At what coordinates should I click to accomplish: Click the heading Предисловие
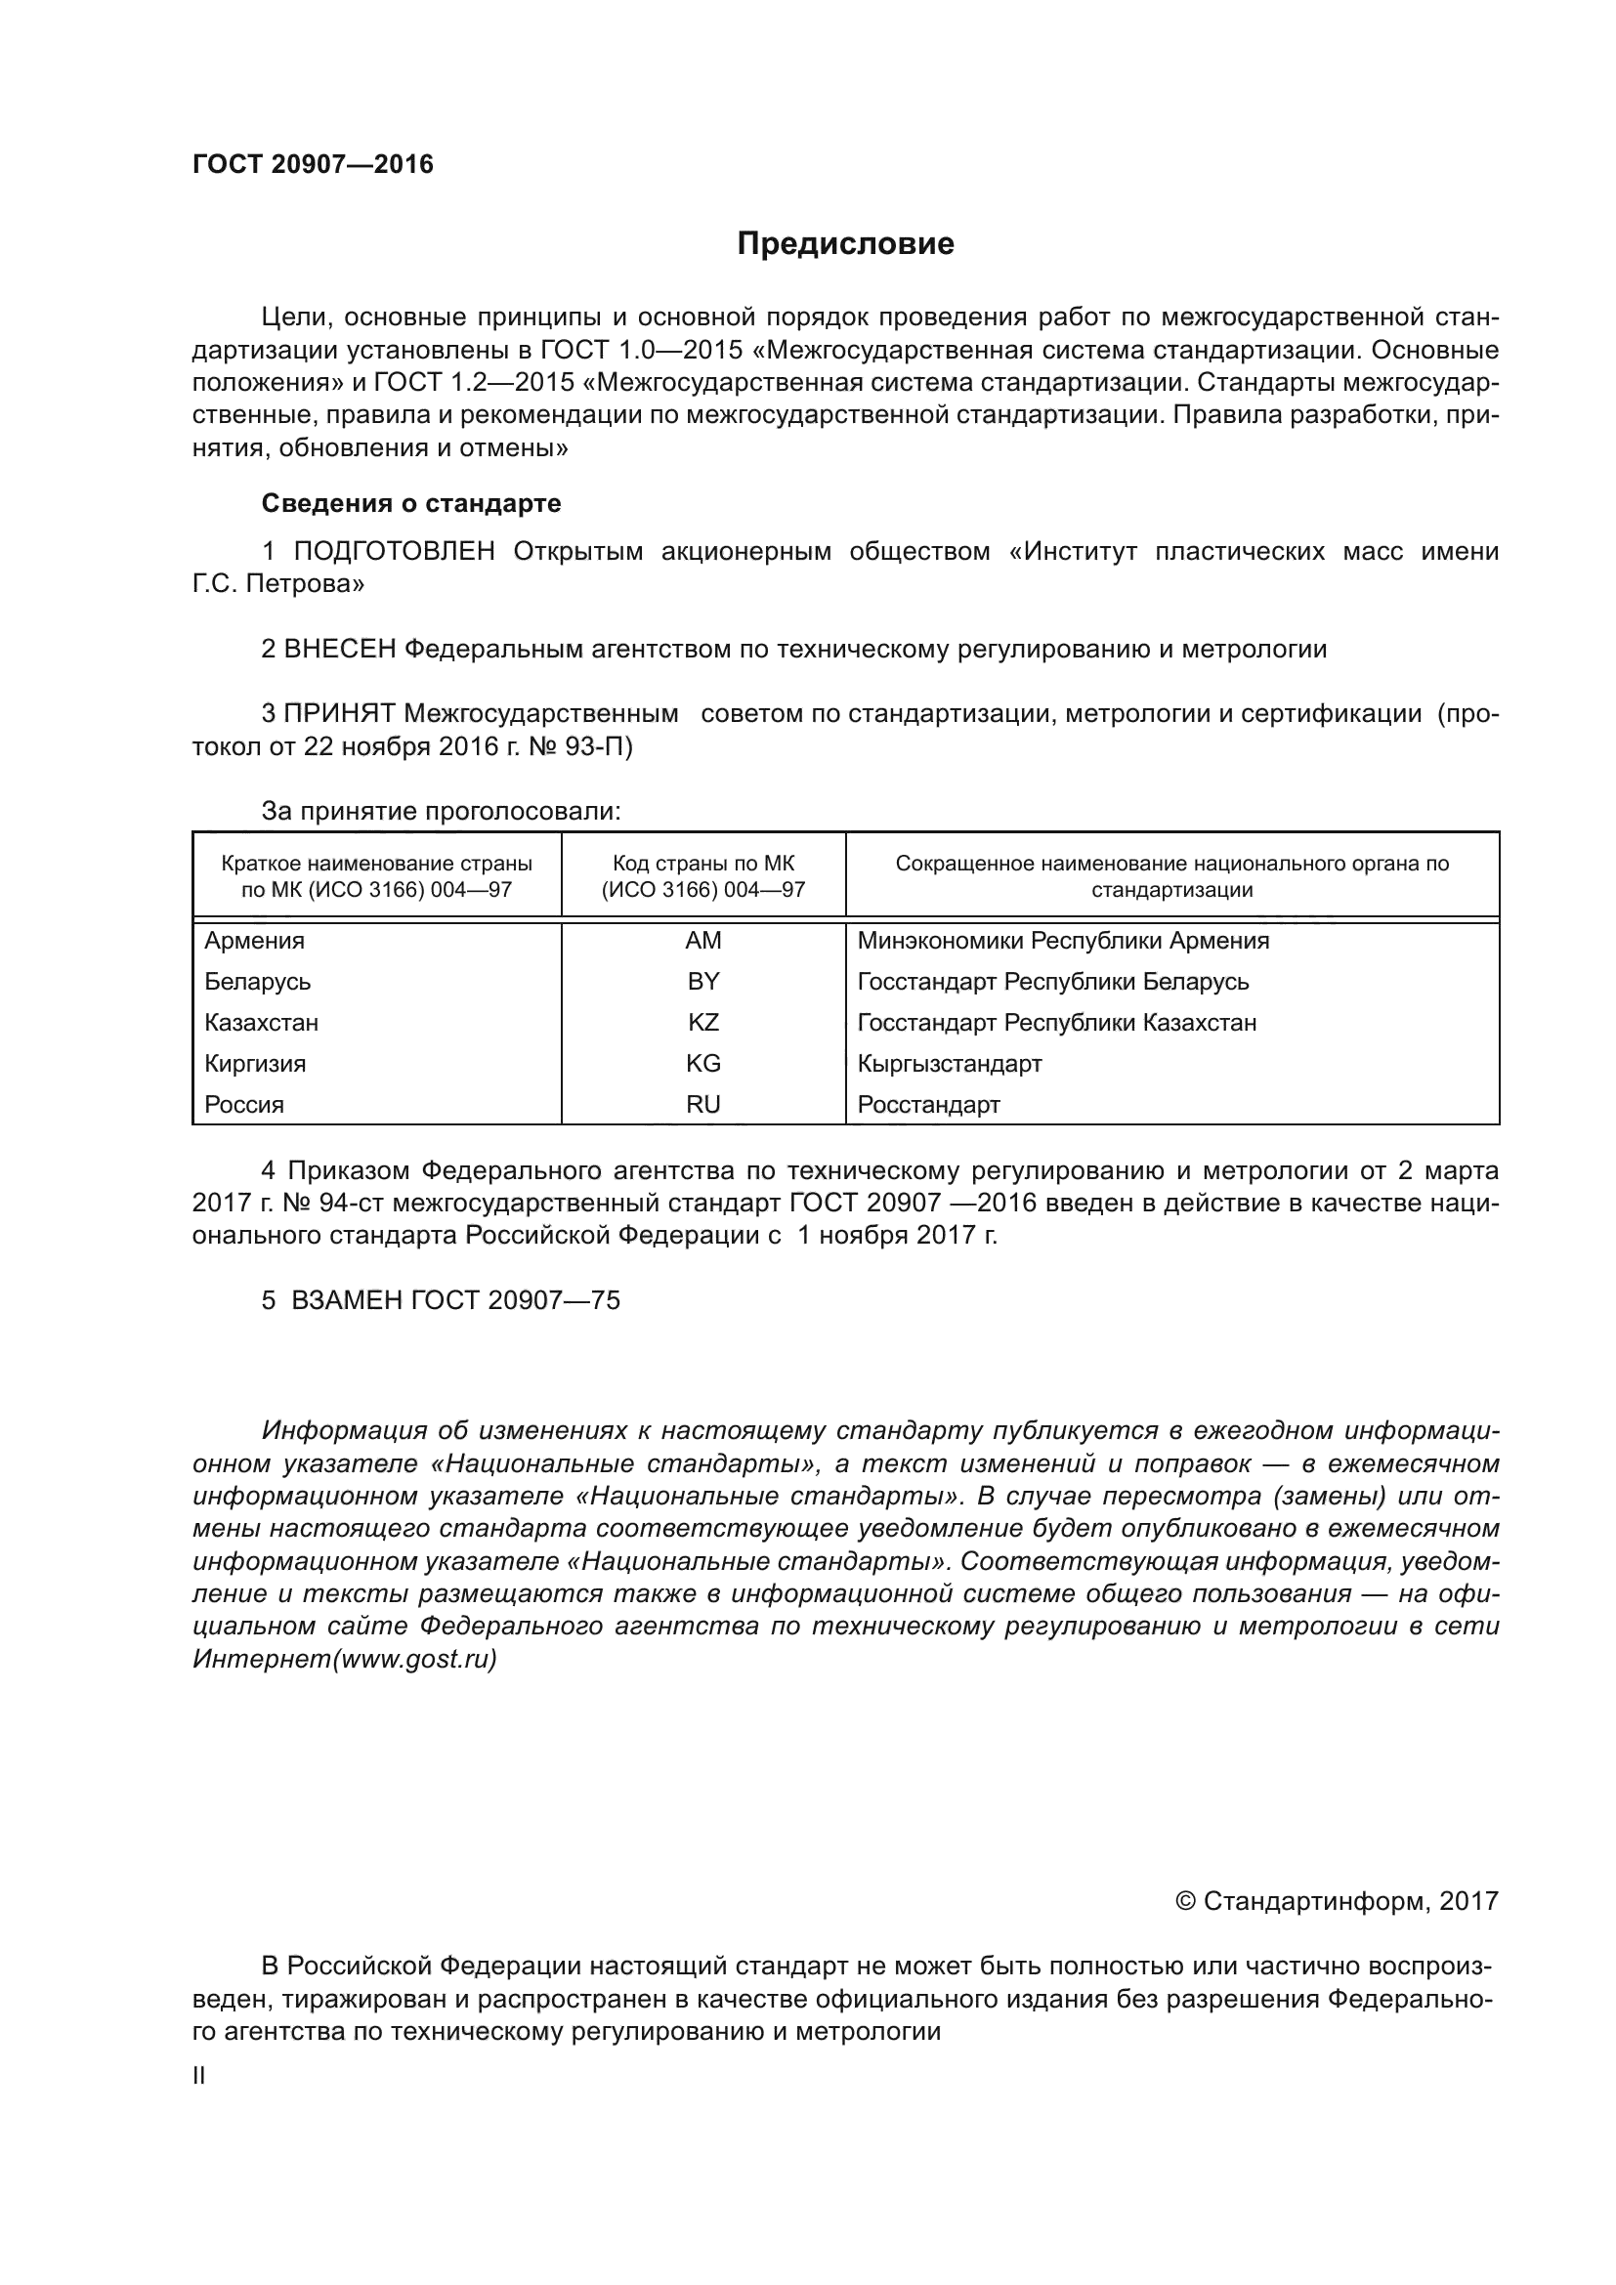click(x=845, y=244)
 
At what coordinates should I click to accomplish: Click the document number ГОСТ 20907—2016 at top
click(x=313, y=164)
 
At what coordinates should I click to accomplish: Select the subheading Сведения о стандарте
click(x=411, y=503)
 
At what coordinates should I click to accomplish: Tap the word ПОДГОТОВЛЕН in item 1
click(x=394, y=551)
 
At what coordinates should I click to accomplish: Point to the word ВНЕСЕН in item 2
click(x=340, y=650)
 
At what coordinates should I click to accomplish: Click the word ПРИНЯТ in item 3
click(x=340, y=713)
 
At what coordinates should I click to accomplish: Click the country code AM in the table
click(x=703, y=941)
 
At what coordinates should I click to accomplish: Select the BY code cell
click(x=703, y=981)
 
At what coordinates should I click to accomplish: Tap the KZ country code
click(x=703, y=1022)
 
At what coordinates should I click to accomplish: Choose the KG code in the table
click(x=703, y=1063)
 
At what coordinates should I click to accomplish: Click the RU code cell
click(x=703, y=1104)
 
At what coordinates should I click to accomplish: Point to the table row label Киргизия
click(x=256, y=1063)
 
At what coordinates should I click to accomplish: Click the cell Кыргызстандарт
click(x=950, y=1063)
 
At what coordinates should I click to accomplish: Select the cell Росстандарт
click(x=928, y=1104)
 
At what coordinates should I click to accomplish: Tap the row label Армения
click(x=255, y=941)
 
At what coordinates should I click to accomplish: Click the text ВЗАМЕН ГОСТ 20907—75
click(x=454, y=1300)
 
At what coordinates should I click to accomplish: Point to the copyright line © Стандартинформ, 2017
click(x=1337, y=1902)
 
